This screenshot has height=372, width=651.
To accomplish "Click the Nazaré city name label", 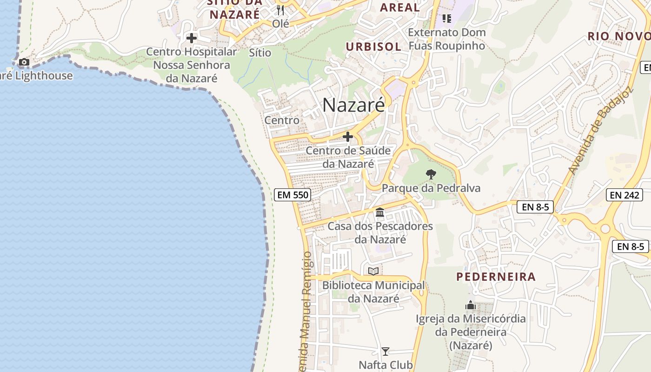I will (353, 105).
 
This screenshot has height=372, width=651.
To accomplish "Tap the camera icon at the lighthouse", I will (24, 62).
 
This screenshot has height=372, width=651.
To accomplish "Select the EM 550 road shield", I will (293, 195).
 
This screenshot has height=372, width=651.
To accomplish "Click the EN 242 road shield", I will (624, 195).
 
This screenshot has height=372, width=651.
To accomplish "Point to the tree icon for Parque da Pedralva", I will (431, 174).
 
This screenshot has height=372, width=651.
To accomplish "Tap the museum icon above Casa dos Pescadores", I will (380, 213).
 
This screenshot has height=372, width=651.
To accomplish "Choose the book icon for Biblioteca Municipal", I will (373, 271).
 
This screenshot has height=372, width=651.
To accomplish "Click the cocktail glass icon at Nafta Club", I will (385, 351).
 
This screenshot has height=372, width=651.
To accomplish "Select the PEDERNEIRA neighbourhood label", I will (496, 277).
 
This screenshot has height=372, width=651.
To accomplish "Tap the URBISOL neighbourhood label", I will (373, 46).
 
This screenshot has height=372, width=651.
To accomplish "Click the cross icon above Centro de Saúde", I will (347, 137).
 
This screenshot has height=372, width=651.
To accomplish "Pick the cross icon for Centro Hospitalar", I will (191, 38).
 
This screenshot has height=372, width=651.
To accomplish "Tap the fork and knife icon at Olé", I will (280, 10).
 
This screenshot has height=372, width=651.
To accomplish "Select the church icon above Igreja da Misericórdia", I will (471, 306).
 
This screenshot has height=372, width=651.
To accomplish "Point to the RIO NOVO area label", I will (618, 36).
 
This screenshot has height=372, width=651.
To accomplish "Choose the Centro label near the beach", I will (282, 120).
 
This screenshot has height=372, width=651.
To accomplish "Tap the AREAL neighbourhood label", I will (399, 7).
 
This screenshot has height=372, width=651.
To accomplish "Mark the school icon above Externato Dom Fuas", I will (447, 19).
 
